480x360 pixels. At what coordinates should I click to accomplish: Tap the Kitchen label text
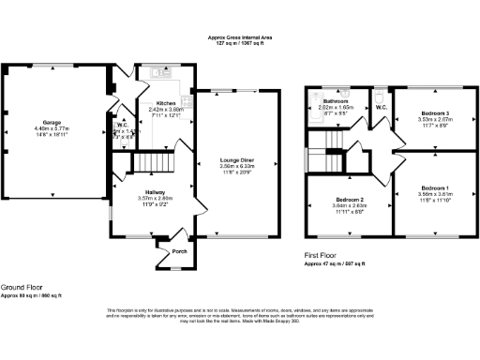(166, 103)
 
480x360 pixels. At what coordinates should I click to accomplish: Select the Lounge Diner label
(237, 160)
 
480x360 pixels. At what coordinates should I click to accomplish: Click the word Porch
(172, 252)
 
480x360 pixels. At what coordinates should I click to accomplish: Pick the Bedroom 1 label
(433, 188)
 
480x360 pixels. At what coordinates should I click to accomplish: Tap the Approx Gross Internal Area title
(241, 37)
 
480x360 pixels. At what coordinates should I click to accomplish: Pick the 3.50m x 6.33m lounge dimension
(237, 166)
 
